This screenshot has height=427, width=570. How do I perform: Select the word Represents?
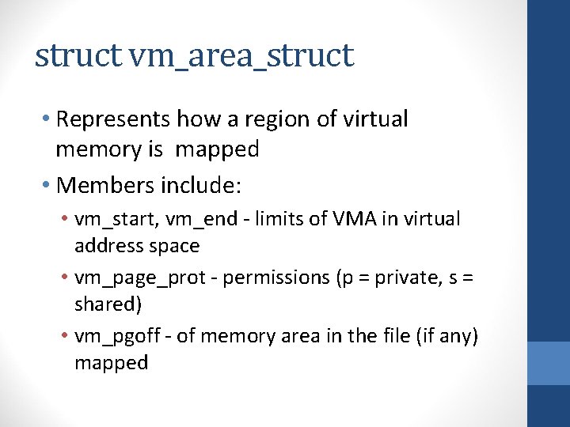[114, 119]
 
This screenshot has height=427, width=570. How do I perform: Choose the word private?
[392, 278]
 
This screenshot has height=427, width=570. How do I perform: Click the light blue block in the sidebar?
[549, 362]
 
